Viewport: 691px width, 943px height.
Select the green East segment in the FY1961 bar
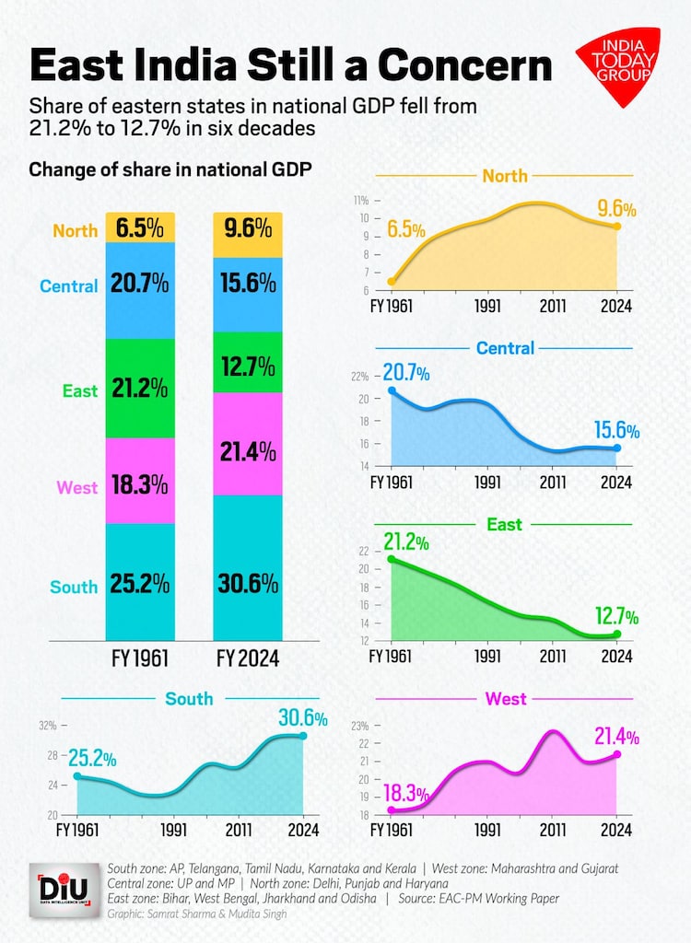140,388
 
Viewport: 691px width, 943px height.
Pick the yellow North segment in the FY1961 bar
140,227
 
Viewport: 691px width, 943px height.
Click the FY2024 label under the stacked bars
248,658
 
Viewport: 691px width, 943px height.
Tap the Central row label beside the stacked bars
68,285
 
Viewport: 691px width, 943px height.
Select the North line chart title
504,176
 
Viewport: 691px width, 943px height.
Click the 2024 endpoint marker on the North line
616,227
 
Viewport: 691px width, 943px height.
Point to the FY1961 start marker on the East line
392,559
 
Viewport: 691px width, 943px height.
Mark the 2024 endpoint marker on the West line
616,754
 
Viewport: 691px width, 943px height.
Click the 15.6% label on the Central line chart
615,430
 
